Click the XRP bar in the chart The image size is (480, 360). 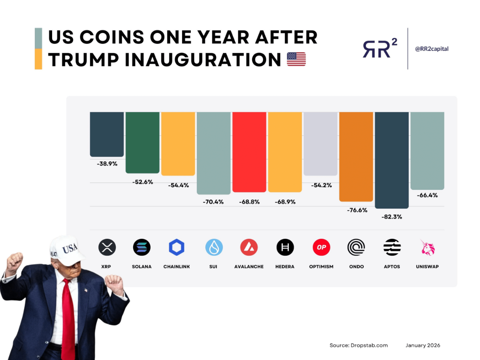coord(107,134)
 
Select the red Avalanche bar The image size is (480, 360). coord(249,151)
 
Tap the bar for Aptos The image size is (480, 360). coord(392,160)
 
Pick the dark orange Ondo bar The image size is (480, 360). coord(356,156)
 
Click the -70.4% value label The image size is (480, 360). coord(214,202)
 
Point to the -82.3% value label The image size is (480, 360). coord(392,216)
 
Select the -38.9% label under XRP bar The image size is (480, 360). coord(107,163)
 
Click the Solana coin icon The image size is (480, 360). coord(142,247)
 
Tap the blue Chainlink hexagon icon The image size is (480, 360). coord(177,247)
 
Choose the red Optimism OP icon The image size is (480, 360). coord(321,247)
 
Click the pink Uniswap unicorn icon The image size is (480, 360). coord(428,247)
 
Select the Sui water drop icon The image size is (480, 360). coord(214,247)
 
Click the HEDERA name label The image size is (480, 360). coord(286,266)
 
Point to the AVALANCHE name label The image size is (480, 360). coord(249,266)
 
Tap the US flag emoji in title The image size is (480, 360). coord(296,59)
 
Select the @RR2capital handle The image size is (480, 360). coord(431,48)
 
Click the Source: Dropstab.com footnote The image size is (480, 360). coord(358,345)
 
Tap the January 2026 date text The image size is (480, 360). coord(423,345)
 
